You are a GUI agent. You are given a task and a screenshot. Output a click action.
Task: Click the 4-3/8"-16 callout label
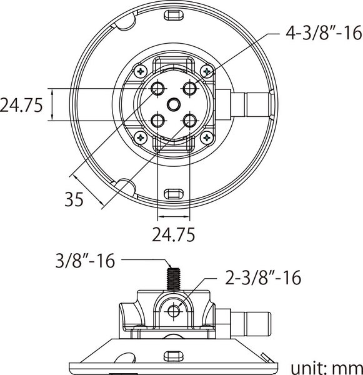[324, 33]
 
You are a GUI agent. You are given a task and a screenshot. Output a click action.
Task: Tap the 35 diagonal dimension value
[74, 199]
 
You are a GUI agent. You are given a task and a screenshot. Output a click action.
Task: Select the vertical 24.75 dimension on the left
[21, 105]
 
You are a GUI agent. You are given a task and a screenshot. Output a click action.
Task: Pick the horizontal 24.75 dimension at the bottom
[173, 234]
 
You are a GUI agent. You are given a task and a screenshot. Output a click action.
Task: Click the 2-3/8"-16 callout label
[263, 277]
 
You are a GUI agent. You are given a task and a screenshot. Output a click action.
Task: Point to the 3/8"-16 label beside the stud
[85, 261]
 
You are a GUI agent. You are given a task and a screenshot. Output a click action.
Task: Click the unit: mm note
[327, 369]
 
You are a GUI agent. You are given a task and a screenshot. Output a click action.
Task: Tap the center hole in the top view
[174, 105]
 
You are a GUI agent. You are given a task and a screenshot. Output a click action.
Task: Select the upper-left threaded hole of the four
[157, 88]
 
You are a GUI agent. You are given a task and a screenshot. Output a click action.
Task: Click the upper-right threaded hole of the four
[190, 88]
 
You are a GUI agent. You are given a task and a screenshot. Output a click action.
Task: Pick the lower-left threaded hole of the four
[157, 121]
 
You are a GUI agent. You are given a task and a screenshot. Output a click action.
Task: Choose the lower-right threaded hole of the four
[190, 121]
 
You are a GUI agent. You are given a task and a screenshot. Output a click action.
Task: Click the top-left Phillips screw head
[141, 71]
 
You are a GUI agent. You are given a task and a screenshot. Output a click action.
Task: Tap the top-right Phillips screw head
[207, 71]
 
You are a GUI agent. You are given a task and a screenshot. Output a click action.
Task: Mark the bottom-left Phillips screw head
[141, 137]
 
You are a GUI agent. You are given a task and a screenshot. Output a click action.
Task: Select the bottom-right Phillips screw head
[207, 137]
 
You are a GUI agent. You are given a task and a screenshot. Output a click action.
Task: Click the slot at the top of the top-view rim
[174, 15]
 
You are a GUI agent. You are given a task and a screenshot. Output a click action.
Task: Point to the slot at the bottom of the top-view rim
[174, 194]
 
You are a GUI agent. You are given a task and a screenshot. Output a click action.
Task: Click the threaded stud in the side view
[174, 279]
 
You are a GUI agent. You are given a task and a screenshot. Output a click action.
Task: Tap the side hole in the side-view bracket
[174, 311]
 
